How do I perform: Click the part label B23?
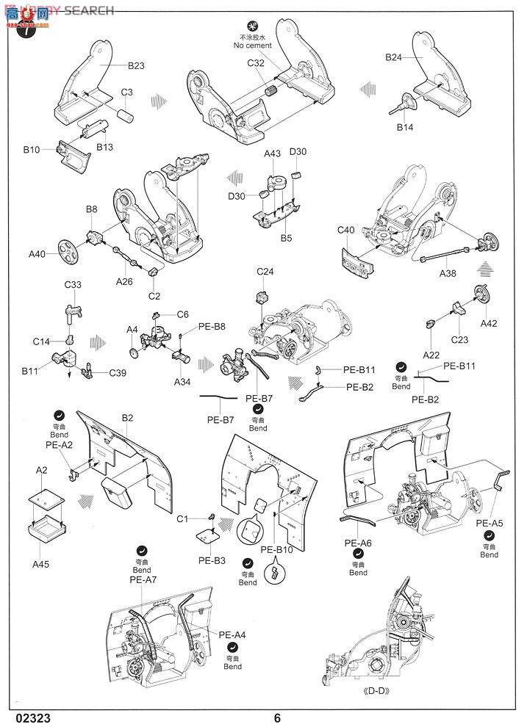[135, 65]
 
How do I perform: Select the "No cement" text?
[253, 46]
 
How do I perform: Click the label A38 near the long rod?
[449, 273]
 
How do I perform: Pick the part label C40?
[346, 230]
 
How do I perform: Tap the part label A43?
[272, 153]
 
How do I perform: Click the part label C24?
[265, 272]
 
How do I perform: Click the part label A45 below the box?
[42, 564]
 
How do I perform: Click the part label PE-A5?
[489, 524]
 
